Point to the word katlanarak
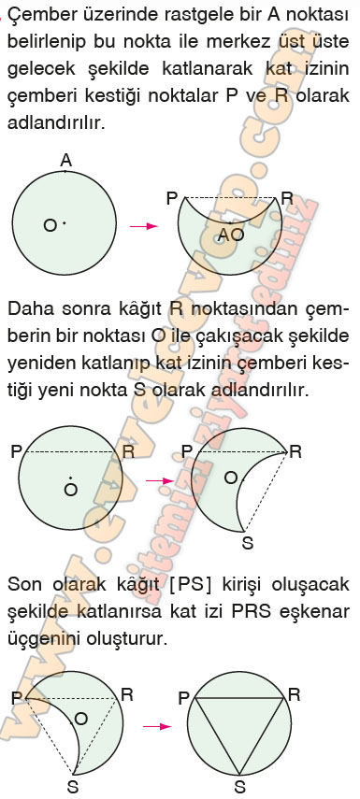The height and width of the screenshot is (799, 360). pyautogui.click(x=207, y=68)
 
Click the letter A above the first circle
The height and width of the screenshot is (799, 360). pyautogui.click(x=65, y=161)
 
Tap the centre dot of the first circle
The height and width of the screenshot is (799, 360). pyautogui.click(x=64, y=222)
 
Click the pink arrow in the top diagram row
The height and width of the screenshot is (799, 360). pyautogui.click(x=144, y=226)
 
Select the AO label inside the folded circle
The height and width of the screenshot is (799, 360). pyautogui.click(x=231, y=235)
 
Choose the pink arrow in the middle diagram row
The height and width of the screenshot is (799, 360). pyautogui.click(x=160, y=480)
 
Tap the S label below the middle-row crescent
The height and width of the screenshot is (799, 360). pyautogui.click(x=247, y=543)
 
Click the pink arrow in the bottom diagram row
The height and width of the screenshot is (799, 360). pyautogui.click(x=157, y=727)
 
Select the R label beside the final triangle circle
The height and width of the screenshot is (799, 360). pyautogui.click(x=294, y=695)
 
